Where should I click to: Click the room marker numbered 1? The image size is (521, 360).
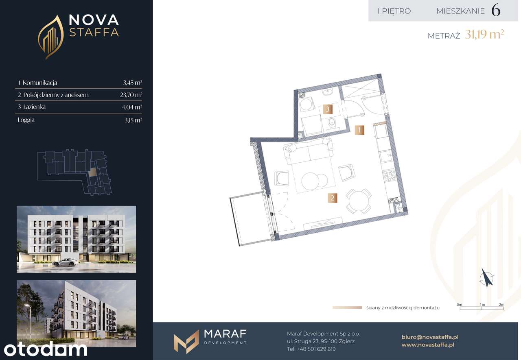[359, 130]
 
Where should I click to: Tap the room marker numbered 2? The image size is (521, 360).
[333, 198]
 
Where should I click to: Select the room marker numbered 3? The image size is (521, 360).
[328, 109]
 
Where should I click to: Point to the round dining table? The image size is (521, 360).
[358, 201]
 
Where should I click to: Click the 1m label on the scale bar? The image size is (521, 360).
[482, 304]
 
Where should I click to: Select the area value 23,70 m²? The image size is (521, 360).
[131, 95]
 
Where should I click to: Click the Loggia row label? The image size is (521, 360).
[26, 120]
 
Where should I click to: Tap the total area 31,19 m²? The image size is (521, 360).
[484, 35]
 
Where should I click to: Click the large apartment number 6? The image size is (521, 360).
[496, 11]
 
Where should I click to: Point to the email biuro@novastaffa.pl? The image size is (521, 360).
[430, 337]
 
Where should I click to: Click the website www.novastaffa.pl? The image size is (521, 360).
[428, 345]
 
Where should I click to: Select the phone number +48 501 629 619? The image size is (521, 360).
[316, 349]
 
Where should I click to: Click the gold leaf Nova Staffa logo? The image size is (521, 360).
[51, 37]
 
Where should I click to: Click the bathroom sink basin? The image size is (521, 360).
[328, 92]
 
